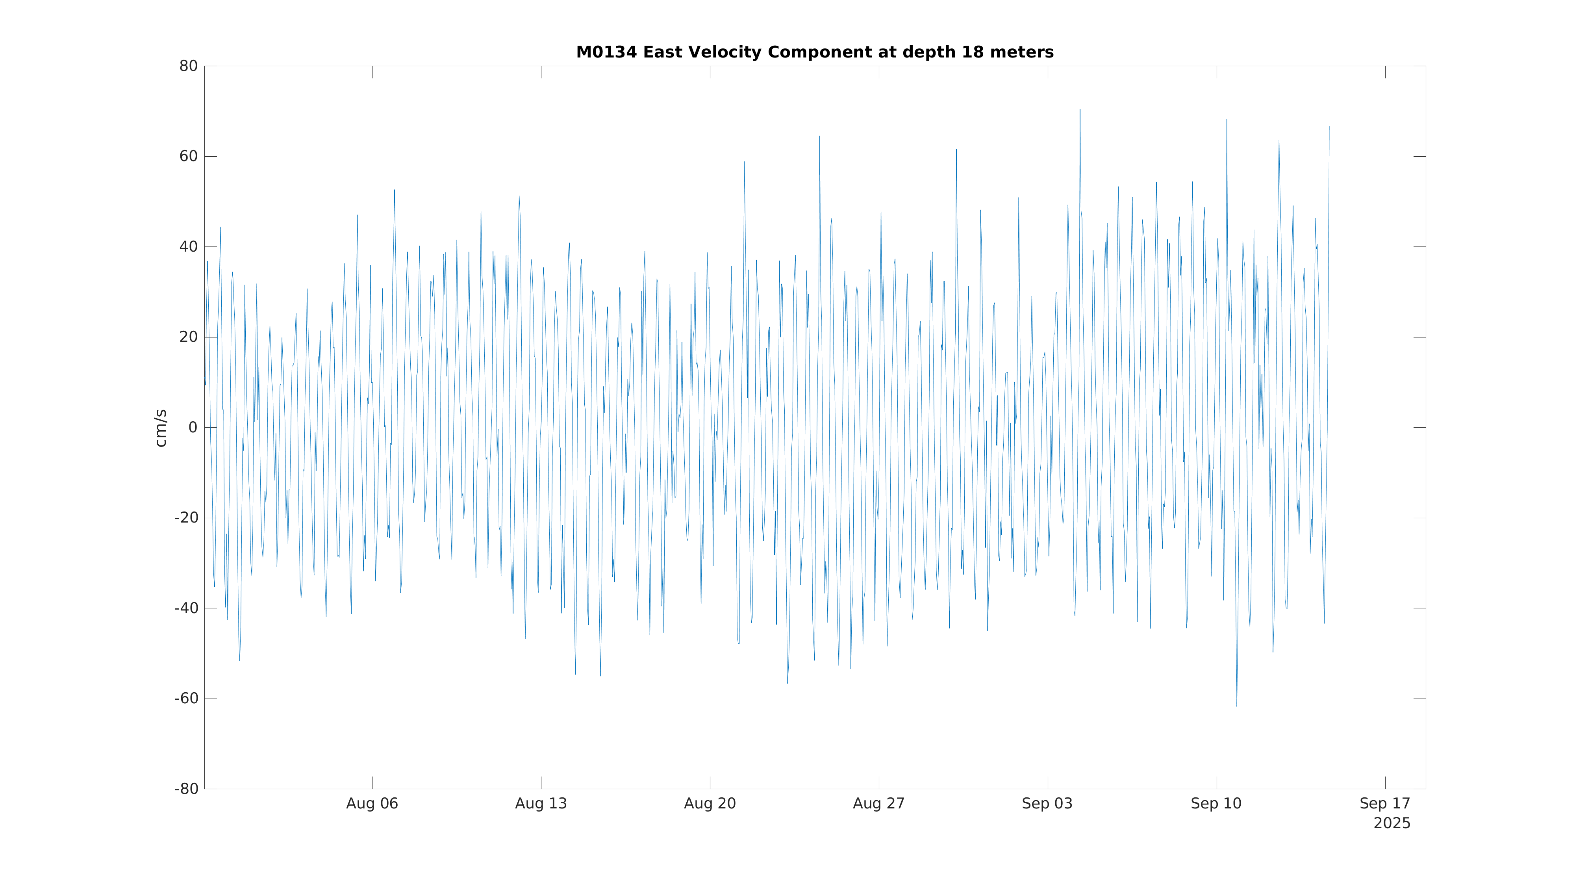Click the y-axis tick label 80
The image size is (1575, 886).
[188, 66]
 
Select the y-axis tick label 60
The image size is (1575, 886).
[188, 157]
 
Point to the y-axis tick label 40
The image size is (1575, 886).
[188, 247]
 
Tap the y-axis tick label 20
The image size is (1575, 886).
[188, 337]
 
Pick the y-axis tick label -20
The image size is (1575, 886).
[187, 518]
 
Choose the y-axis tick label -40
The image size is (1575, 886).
[187, 608]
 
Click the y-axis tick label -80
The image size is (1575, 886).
[187, 789]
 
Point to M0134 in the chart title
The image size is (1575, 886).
[606, 53]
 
